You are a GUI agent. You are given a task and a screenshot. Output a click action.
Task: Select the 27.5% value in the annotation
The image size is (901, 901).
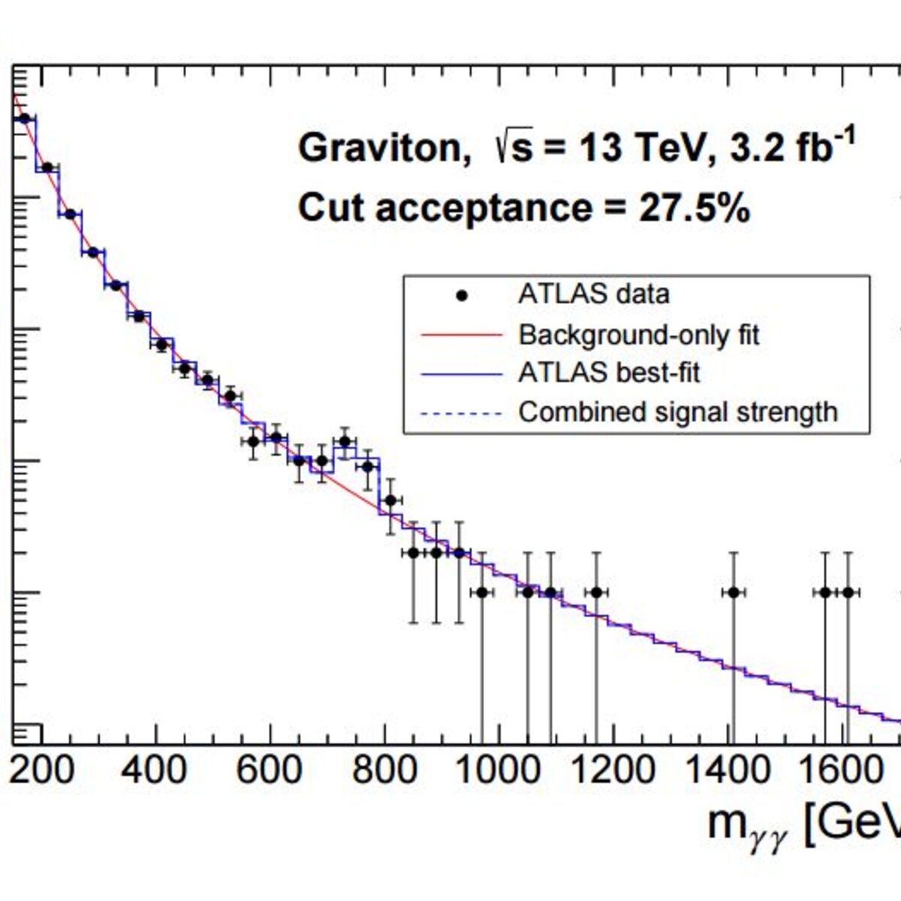695,208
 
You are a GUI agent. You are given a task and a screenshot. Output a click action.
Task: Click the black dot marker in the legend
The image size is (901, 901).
462,296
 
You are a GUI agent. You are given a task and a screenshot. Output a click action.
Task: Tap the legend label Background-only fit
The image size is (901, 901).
639,335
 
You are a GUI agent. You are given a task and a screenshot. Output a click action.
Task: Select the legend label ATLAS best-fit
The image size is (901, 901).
609,373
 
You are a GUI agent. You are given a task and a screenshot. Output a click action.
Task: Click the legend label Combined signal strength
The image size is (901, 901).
678,412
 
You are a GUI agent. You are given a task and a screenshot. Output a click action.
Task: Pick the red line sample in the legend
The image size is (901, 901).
462,335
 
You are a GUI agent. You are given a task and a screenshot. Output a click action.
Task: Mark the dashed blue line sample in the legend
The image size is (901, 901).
462,413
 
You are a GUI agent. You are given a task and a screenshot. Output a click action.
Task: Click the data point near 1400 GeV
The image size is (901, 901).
734,593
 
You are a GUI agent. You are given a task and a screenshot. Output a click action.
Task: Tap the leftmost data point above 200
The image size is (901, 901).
25,119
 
